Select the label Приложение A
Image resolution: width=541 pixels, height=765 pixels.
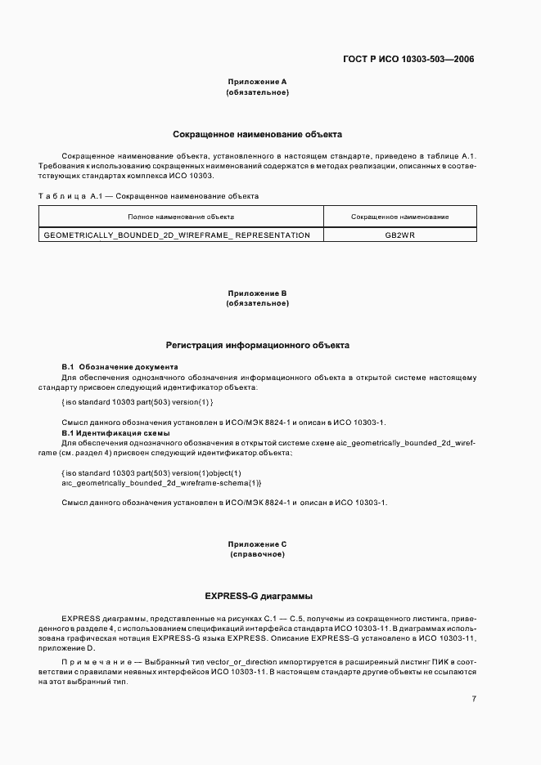point(257,82)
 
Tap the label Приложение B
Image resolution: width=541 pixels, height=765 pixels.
point(257,293)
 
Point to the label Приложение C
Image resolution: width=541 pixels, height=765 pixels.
point(257,544)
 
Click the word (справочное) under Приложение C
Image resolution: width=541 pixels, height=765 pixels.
point(257,554)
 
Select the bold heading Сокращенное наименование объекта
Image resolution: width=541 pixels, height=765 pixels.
point(257,133)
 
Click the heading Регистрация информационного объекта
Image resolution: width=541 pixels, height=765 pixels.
point(257,346)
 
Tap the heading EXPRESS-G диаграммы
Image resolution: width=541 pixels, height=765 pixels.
point(257,596)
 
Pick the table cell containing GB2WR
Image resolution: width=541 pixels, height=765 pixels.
point(399,235)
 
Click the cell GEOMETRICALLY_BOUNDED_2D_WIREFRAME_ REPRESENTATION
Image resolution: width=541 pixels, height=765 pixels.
point(176,235)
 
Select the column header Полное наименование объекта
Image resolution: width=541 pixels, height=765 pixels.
point(181,217)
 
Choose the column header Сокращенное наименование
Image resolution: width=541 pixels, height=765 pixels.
point(399,217)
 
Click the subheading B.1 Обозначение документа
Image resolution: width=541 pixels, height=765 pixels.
point(119,367)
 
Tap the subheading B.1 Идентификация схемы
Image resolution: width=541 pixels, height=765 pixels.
point(115,432)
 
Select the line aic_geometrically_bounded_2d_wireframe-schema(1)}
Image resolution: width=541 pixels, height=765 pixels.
point(161,483)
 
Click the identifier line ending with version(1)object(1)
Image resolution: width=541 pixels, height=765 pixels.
point(151,473)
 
